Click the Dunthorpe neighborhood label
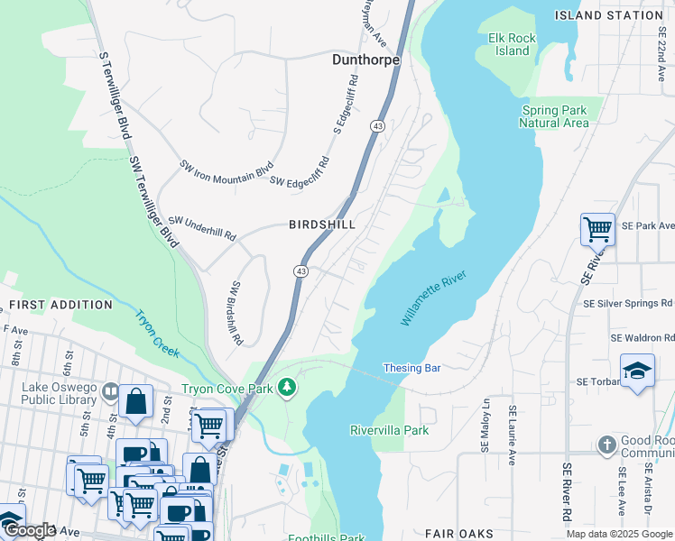(365, 60)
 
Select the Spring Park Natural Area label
(554, 116)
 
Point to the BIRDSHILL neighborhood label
(321, 224)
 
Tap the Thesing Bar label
(411, 368)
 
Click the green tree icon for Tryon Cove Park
(287, 388)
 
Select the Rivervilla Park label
(389, 430)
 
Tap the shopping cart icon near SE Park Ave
(597, 229)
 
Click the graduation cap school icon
(637, 371)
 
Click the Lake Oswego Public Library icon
(110, 392)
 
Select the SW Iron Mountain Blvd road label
(226, 170)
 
